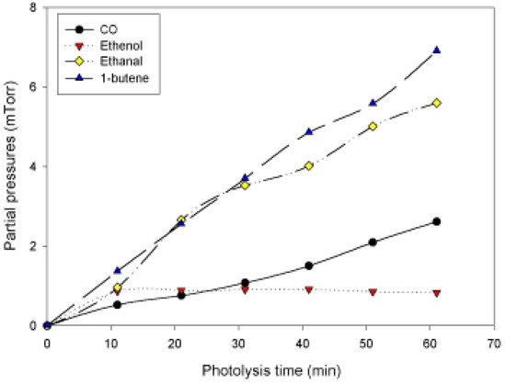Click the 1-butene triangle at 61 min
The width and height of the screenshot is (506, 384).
(437, 51)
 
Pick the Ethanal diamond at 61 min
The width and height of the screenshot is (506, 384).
(437, 103)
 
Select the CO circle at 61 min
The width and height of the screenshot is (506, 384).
(437, 221)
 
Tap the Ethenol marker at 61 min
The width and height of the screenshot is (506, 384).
(437, 293)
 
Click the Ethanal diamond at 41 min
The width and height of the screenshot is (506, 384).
(309, 165)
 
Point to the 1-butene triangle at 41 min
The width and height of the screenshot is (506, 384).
(309, 131)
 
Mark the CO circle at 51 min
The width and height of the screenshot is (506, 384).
(373, 243)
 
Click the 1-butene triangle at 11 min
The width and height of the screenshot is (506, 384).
(117, 270)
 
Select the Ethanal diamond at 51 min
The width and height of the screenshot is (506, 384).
(373, 126)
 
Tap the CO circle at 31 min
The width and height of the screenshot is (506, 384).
(245, 283)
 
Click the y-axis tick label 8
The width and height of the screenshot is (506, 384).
(34, 8)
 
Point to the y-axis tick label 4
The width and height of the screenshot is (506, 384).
(34, 167)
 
